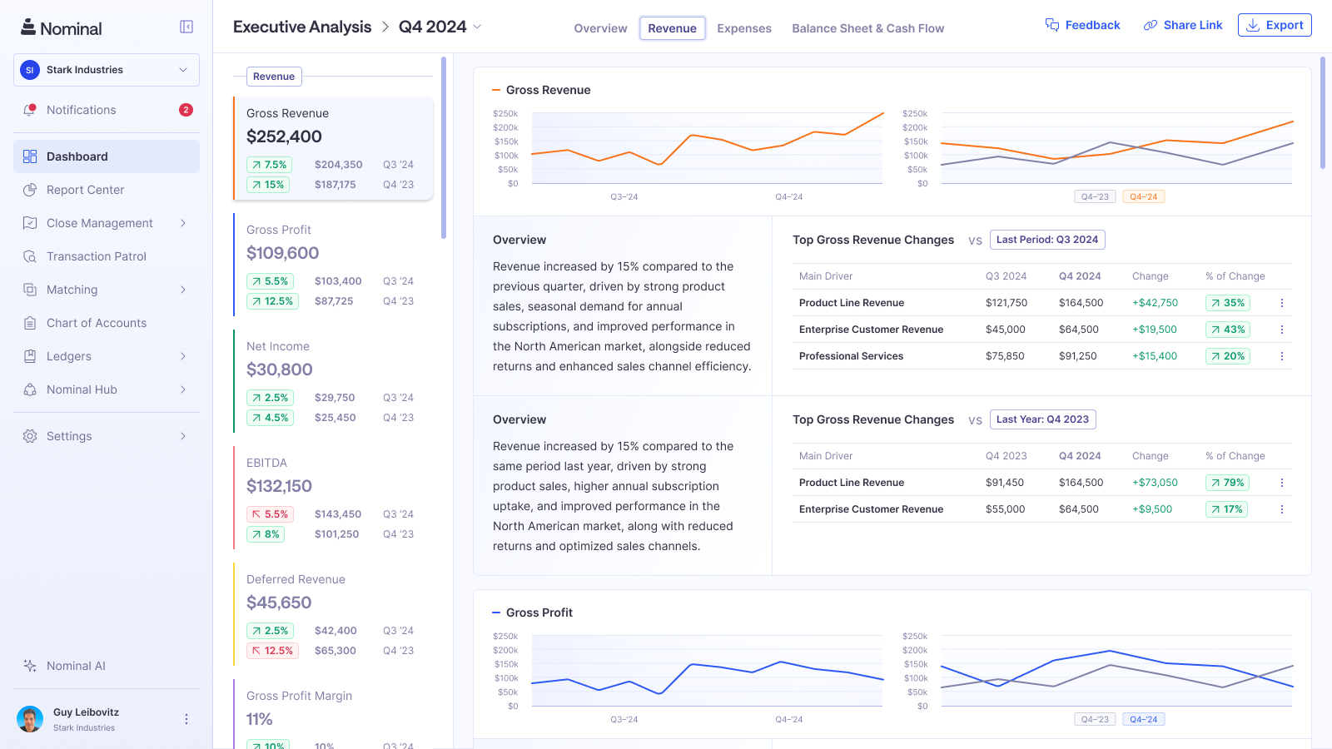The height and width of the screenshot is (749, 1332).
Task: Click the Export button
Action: click(x=1275, y=25)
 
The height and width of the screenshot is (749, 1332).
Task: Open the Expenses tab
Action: click(x=743, y=28)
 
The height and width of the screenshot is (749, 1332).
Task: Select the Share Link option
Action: click(x=1183, y=25)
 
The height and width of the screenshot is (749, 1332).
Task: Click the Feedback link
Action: click(x=1083, y=25)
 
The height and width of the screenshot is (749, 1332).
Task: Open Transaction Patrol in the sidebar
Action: click(x=97, y=256)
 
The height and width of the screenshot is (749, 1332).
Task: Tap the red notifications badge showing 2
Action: click(x=186, y=110)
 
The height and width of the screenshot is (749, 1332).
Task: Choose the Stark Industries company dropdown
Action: click(x=107, y=70)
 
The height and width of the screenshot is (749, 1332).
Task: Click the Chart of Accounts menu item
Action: click(x=97, y=323)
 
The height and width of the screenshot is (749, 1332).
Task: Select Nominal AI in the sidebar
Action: click(x=76, y=666)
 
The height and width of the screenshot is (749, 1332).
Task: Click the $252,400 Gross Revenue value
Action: click(x=284, y=136)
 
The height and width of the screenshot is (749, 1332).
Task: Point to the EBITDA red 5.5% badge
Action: click(x=270, y=514)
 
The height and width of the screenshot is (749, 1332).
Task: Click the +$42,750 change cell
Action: click(x=1155, y=303)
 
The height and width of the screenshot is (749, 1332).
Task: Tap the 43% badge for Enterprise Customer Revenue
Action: click(x=1228, y=330)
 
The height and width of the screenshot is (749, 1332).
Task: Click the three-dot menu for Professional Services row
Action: click(x=1281, y=356)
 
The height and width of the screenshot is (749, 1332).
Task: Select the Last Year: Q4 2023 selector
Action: click(x=1042, y=419)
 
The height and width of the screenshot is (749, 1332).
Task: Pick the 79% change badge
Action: click(x=1227, y=483)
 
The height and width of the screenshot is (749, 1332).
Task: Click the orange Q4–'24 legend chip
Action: click(x=1143, y=196)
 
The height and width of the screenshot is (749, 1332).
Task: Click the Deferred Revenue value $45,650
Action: click(x=279, y=603)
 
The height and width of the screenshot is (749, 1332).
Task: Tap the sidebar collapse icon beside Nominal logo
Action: click(x=186, y=27)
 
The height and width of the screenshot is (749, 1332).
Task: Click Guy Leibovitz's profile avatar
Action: click(x=30, y=719)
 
